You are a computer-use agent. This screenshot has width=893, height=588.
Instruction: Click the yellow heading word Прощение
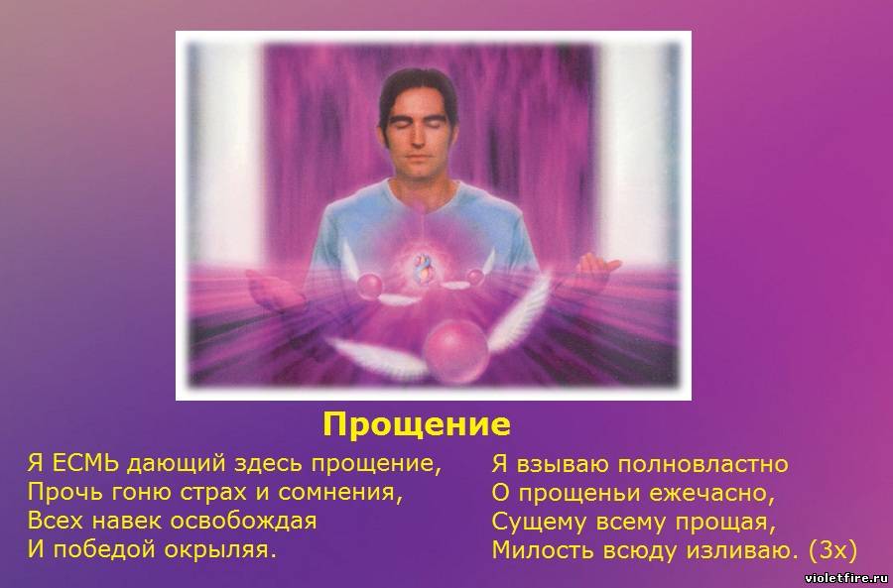pos(417,424)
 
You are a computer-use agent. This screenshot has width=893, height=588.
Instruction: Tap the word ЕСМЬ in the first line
pos(85,463)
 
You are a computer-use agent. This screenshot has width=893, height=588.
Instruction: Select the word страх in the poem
pos(213,493)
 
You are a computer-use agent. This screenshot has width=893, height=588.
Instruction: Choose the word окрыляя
pos(220,551)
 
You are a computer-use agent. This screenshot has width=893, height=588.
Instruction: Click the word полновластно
pos(702,464)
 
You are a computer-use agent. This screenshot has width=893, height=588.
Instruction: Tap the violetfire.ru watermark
pos(847,578)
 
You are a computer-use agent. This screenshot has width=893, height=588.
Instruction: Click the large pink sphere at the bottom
pos(455,351)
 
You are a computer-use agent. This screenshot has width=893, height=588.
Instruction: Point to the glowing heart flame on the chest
pos(423,268)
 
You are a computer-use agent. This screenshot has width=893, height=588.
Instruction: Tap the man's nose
pos(419,140)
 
